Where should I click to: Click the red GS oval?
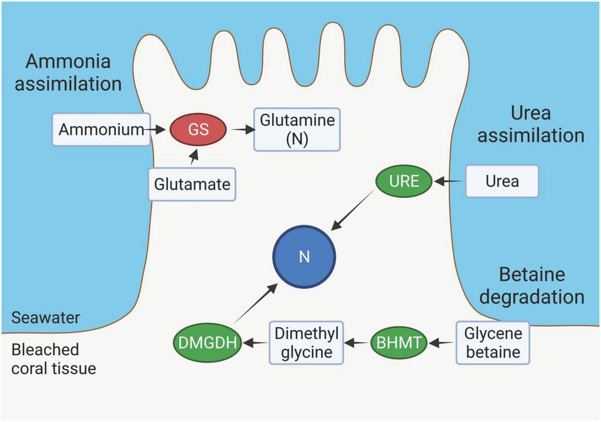coord(198,130)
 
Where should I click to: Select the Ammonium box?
coord(101,130)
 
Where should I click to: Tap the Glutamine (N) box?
coord(296,130)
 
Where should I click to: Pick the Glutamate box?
coord(192,184)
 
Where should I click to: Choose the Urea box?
coord(502,181)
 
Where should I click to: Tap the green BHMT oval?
coord(399,343)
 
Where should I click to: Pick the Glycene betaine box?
coord(493,343)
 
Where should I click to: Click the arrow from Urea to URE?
coord(449,181)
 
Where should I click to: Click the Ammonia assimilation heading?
coord(68,72)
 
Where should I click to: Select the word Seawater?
coord(45,317)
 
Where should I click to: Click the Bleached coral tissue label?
coord(53,358)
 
